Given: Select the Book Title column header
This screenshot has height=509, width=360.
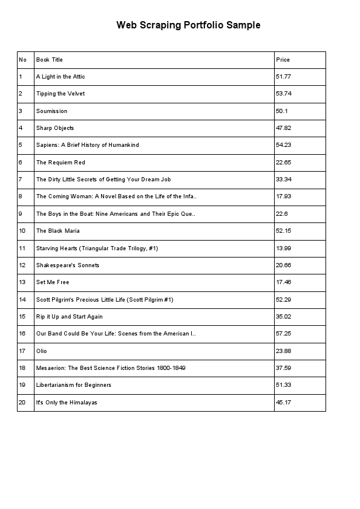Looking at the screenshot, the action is click(x=50, y=60).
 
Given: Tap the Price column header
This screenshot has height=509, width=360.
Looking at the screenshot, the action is click(x=283, y=60).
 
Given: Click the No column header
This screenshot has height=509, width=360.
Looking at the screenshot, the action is click(x=23, y=60).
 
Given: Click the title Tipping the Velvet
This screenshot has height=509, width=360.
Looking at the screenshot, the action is click(x=61, y=94).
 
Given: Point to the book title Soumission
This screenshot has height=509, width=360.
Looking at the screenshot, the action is click(x=51, y=111).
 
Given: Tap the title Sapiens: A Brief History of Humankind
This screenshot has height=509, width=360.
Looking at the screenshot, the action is click(x=88, y=145).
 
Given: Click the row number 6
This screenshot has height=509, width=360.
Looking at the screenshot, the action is click(x=21, y=163).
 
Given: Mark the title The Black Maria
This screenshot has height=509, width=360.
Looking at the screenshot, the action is click(x=57, y=231).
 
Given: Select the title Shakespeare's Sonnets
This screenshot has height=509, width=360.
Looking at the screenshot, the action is click(x=68, y=265).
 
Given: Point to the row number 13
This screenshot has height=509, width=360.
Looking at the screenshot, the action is click(x=22, y=282).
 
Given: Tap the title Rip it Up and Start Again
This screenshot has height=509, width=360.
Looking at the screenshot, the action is click(x=70, y=317).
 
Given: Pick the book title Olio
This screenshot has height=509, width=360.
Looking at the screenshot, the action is click(x=42, y=351).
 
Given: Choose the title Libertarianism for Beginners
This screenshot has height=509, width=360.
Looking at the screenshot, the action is click(x=74, y=385).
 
